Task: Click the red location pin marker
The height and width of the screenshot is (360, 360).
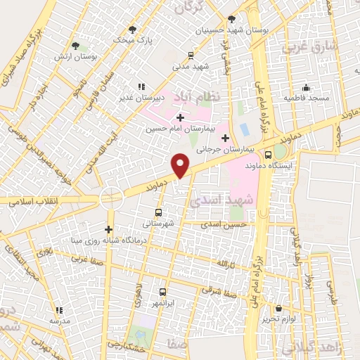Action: point(181,165)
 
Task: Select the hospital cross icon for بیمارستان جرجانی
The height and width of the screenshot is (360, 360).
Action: point(225,138)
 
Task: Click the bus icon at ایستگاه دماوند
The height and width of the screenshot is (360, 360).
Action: point(268,155)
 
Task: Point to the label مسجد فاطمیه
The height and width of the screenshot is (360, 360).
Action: point(307,98)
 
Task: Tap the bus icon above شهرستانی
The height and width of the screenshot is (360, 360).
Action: point(157,212)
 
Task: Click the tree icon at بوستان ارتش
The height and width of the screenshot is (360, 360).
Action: point(75,46)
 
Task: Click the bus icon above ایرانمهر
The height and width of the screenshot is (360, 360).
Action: point(162,291)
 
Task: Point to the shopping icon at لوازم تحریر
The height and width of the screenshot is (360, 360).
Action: point(278,308)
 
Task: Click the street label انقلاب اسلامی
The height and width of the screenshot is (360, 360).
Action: point(32,201)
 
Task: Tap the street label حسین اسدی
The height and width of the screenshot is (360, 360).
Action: point(225,224)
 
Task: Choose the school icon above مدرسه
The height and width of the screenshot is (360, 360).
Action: point(59,309)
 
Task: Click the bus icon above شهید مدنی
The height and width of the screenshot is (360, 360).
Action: point(190,55)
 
